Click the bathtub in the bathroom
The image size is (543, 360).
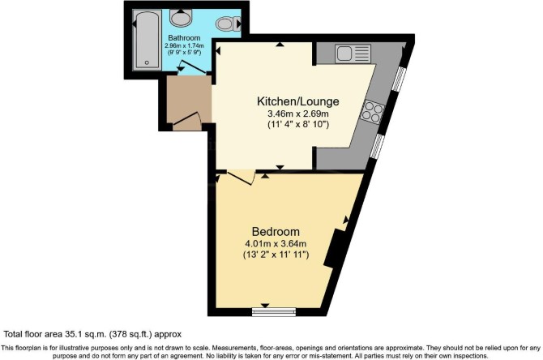point(148,40)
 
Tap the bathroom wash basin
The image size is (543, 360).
point(181,18)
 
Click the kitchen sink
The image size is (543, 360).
point(353,54)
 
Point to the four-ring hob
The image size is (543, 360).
point(372,111)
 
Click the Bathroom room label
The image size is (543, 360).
point(184,38)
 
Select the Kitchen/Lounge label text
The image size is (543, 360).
point(297,101)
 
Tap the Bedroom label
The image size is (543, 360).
point(276,231)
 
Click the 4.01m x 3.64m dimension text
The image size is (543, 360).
point(276,243)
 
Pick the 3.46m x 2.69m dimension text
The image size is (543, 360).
point(298,114)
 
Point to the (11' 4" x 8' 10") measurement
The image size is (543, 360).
point(298,124)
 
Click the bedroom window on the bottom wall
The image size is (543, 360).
point(274,312)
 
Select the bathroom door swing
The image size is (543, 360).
point(193,67)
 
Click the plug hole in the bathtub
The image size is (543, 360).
point(147,62)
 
